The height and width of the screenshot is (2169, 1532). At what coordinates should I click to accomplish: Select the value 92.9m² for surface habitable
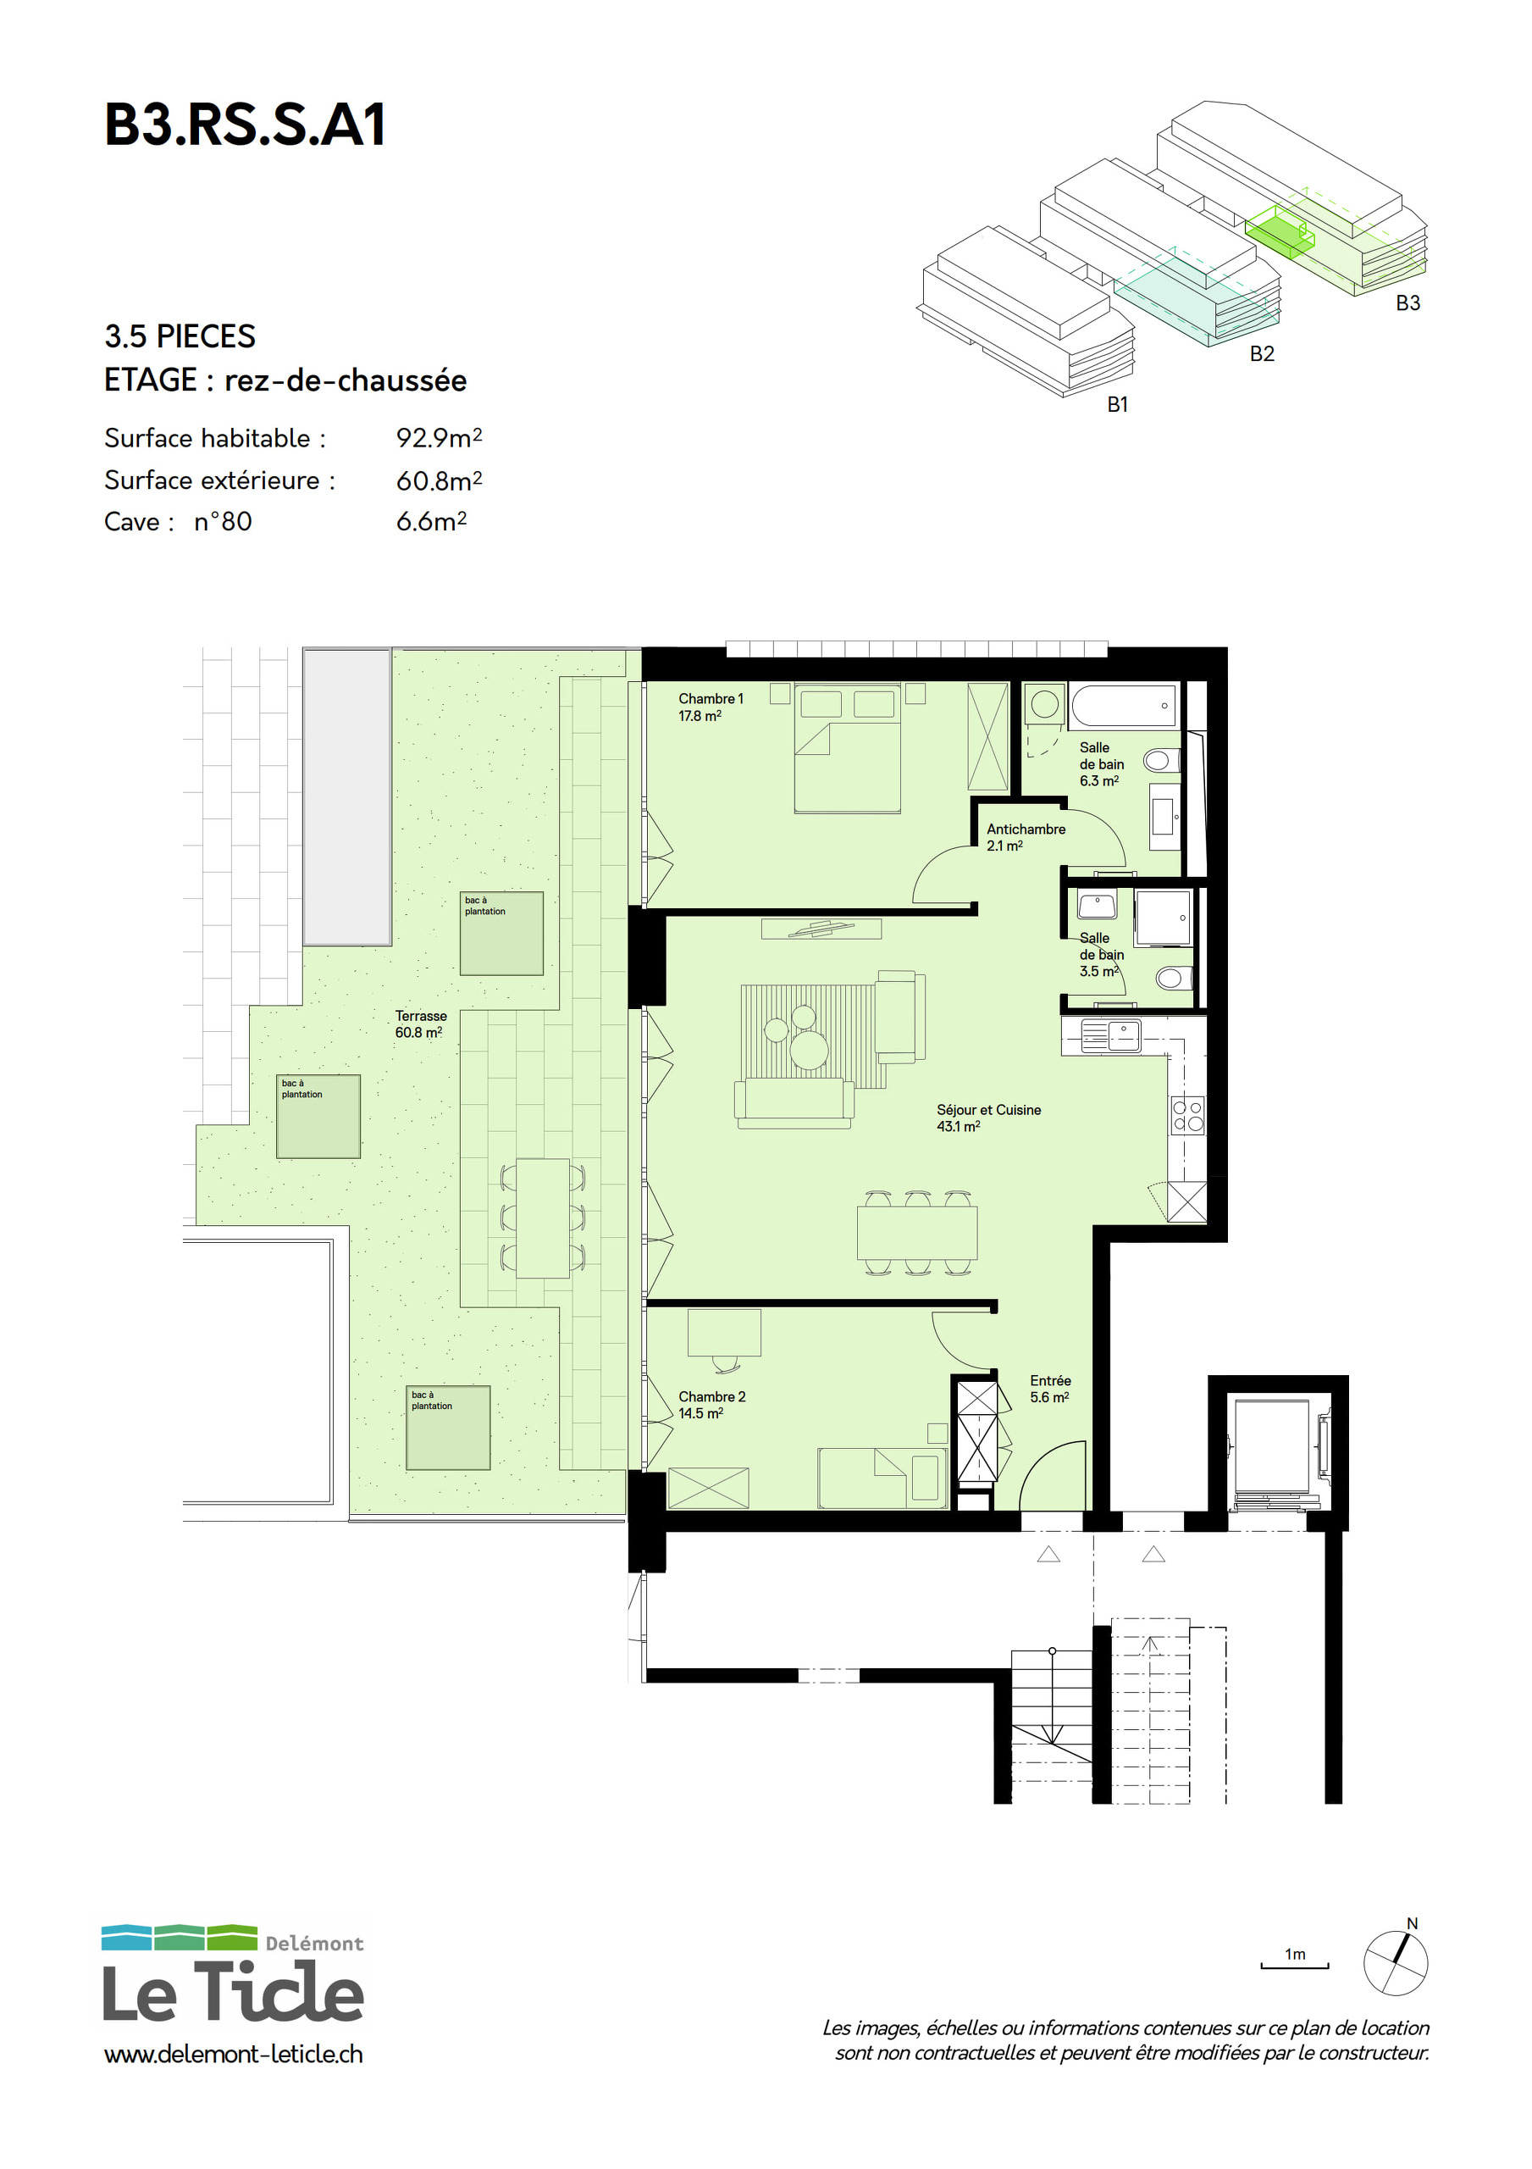tap(440, 437)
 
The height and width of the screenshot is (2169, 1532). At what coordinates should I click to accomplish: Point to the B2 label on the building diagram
tap(1262, 353)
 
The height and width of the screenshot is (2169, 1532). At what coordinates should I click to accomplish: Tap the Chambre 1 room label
tap(711, 707)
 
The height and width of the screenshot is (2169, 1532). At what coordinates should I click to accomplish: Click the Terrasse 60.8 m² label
tap(420, 1024)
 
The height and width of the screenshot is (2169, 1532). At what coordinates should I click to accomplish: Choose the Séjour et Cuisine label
tap(988, 1118)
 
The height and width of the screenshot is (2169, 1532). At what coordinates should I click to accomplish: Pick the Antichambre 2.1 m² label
tap(1026, 837)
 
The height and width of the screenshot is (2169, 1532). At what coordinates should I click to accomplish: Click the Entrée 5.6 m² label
tap(1050, 1389)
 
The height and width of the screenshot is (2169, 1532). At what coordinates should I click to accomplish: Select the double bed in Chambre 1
tap(846, 747)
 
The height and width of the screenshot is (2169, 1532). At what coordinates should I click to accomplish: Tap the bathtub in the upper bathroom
tap(1124, 706)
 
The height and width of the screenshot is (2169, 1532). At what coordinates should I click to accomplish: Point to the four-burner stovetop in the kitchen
tap(1187, 1115)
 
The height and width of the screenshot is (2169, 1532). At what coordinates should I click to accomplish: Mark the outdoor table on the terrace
tap(542, 1218)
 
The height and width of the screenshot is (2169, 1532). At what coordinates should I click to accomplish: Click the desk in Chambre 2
tap(723, 1332)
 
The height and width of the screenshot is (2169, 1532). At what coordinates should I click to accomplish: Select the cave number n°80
tap(223, 521)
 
